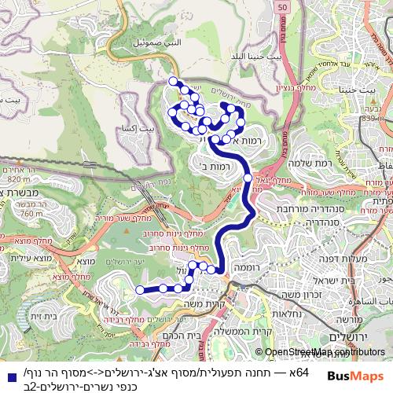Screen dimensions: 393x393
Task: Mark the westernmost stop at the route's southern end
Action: coord(141,290)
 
